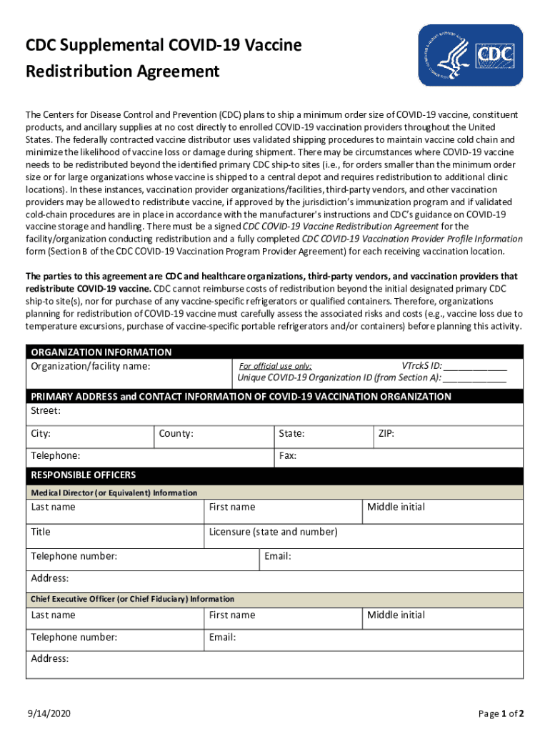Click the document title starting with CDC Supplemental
point(164,59)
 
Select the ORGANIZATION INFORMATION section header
point(101,352)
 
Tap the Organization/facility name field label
point(91,366)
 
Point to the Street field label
point(46,411)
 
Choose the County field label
point(176,434)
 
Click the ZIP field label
point(386,434)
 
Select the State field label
point(291,434)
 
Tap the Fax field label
point(287,455)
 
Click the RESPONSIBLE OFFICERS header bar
point(83,475)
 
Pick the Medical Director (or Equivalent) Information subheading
point(114,493)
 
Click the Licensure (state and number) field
point(273,532)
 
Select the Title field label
point(41,532)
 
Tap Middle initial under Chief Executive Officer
point(396,615)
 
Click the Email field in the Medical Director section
point(277,556)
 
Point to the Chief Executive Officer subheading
point(132,599)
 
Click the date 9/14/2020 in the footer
point(49,713)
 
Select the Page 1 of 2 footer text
point(501,713)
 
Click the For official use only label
point(275,366)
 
